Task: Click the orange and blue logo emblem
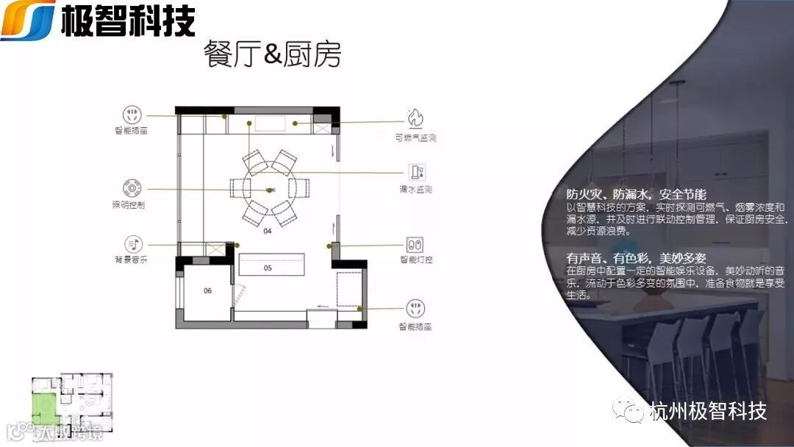(28, 20)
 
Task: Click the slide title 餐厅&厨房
(273, 55)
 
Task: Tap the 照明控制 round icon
(132, 187)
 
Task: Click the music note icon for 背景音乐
(132, 243)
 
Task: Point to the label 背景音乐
(130, 260)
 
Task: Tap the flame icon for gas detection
(416, 118)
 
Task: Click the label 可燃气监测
(415, 137)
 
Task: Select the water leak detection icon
(417, 172)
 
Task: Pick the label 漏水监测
(415, 190)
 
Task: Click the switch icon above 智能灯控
(415, 243)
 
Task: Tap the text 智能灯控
(416, 260)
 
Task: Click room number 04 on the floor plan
(267, 232)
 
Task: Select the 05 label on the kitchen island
(268, 268)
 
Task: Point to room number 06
(207, 290)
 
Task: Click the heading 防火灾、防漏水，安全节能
(636, 195)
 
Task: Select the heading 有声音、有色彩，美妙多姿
(636, 258)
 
